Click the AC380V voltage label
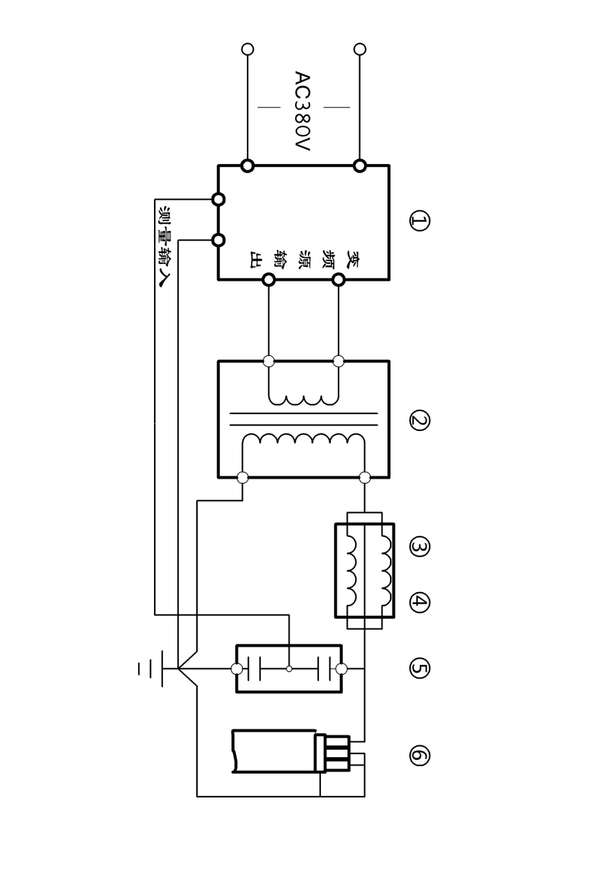click(303, 111)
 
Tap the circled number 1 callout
click(419, 221)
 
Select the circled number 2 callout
click(419, 420)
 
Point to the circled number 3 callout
click(419, 547)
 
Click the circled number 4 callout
click(419, 602)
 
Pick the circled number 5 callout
click(419, 669)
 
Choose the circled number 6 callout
click(419, 755)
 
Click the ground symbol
click(150, 669)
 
